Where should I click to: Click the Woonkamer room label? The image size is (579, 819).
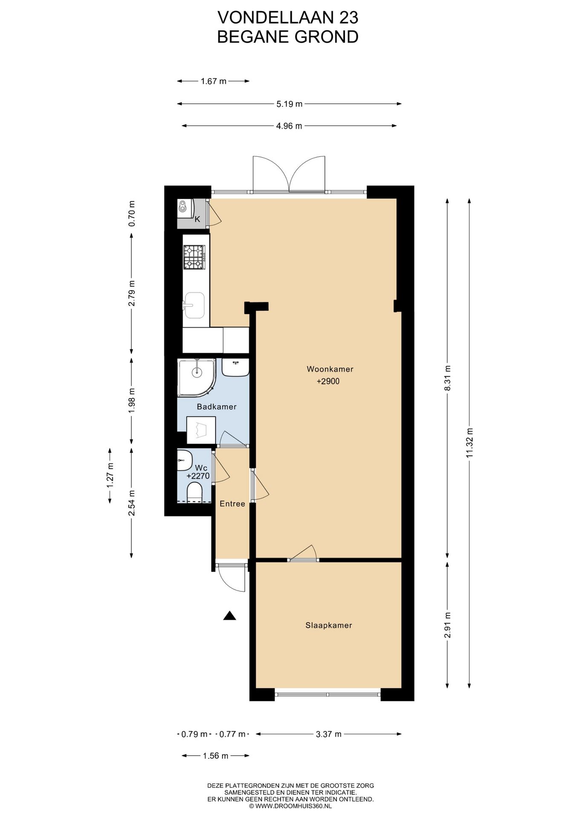(330, 369)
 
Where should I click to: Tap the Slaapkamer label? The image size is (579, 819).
(329, 625)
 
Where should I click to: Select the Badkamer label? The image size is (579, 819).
(217, 407)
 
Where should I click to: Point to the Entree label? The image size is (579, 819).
(232, 504)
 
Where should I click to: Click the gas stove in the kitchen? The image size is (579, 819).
(194, 258)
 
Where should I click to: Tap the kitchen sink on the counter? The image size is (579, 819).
(194, 305)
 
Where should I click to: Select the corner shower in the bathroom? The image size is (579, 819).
(197, 377)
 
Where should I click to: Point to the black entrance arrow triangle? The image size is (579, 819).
(230, 615)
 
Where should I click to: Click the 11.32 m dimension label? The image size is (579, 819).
(469, 443)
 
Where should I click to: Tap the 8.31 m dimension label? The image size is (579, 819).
(447, 378)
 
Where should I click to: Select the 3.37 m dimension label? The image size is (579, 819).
(329, 734)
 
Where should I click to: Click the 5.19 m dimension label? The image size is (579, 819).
(289, 104)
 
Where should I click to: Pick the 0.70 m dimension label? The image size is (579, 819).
(132, 213)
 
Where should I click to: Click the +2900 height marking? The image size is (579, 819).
(328, 381)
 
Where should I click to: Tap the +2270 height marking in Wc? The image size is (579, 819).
(198, 476)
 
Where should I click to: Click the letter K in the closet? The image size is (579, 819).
(197, 219)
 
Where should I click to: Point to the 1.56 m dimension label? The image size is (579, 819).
(216, 756)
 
